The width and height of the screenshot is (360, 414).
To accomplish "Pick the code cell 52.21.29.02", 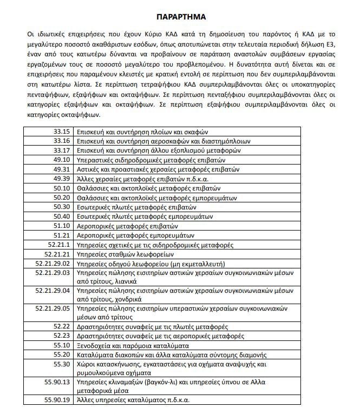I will coord(53,264).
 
